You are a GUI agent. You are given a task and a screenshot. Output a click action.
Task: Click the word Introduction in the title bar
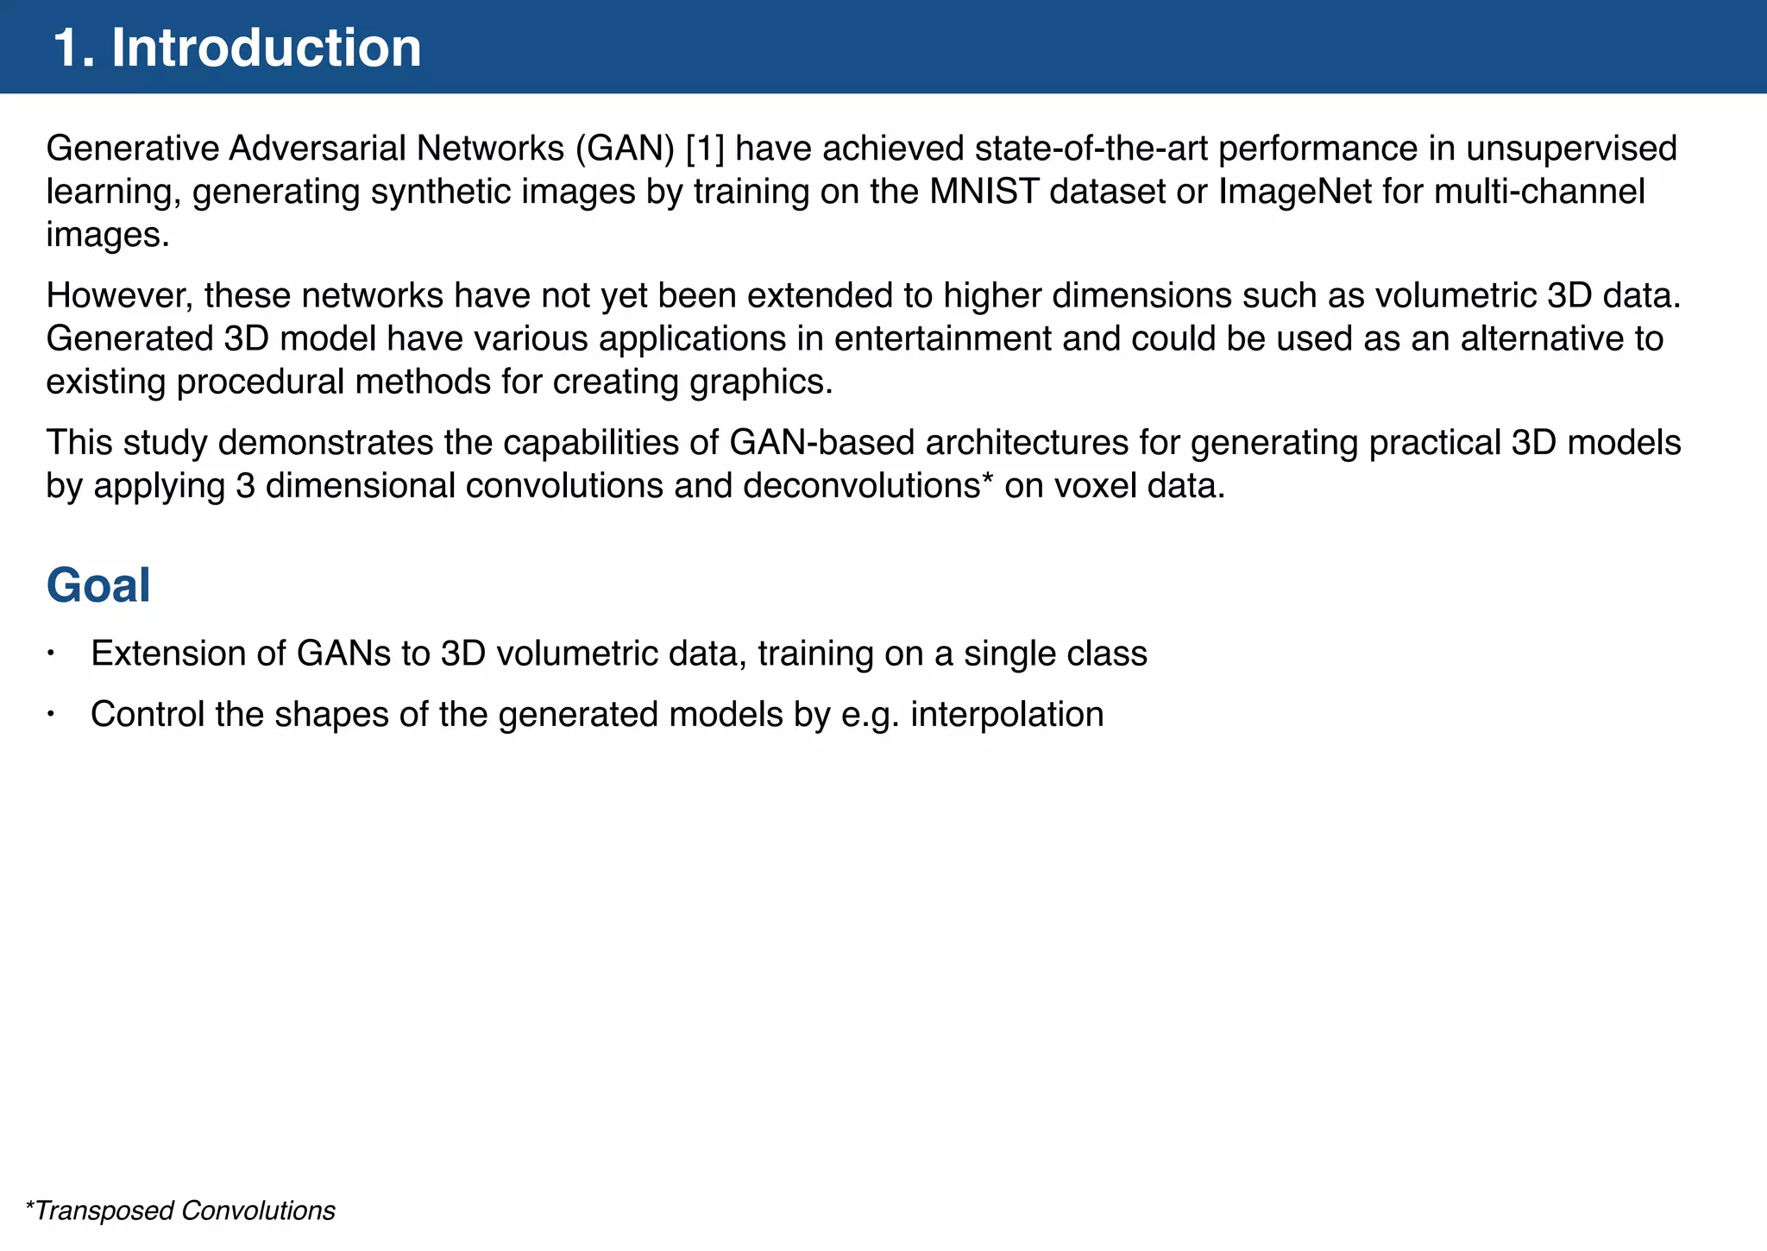pos(266,47)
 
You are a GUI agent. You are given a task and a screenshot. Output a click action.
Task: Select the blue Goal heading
pos(98,585)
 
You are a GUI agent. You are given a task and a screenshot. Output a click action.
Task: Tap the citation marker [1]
pos(705,149)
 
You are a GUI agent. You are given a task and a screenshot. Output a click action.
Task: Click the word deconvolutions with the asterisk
pos(862,486)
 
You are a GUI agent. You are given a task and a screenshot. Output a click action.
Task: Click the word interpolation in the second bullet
pos(1007,715)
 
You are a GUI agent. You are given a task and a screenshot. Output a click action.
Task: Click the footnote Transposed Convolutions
pos(180,1210)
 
